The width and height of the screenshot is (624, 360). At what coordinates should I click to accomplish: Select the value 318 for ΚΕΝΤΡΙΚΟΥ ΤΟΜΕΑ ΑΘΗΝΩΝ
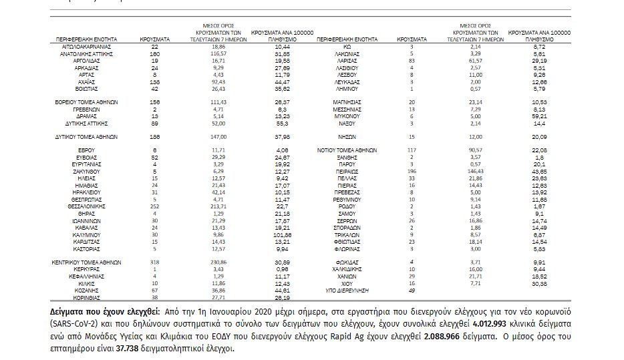pyautogui.click(x=154, y=262)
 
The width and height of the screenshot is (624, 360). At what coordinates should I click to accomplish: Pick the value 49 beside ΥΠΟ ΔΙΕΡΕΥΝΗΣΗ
pyautogui.click(x=412, y=291)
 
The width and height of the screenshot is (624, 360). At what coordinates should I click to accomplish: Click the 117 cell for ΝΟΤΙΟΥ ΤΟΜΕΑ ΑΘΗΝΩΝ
pyautogui.click(x=412, y=149)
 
